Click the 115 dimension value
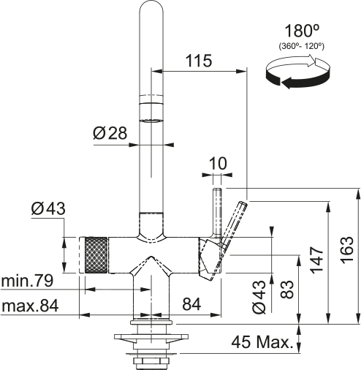click(x=199, y=61)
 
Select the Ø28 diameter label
click(x=111, y=134)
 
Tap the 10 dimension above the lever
click(x=217, y=165)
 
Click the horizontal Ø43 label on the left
click(x=48, y=209)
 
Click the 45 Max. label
click(x=262, y=341)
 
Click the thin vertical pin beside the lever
click(x=217, y=212)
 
